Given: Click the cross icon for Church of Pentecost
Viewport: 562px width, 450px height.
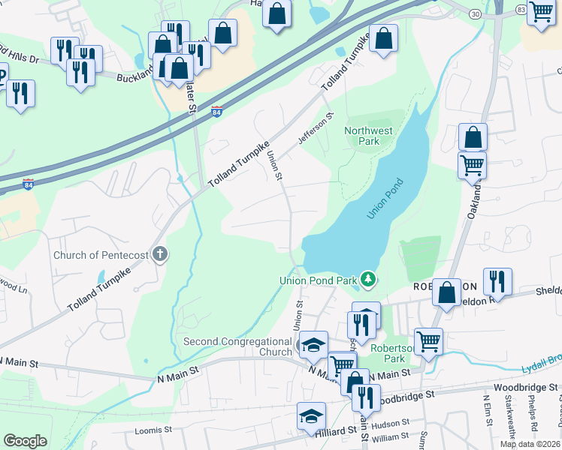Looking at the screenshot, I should coord(159,254).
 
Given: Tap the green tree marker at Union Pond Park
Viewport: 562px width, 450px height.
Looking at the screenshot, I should coord(367,280).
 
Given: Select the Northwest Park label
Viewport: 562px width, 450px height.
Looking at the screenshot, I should coord(368,136).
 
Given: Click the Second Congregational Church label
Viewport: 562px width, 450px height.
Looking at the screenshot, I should coord(237,346).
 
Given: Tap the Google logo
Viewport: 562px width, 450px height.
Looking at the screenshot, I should coord(25,441).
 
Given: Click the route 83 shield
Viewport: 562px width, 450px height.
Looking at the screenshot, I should coord(521,9).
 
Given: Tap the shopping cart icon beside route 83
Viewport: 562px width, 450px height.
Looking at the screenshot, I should coord(541,13).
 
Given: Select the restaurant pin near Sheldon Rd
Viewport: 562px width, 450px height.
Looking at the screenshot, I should coord(497,281).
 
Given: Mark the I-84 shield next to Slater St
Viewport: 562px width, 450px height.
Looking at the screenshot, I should coord(216,111).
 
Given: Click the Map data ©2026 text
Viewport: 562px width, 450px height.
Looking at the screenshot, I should coord(530,444).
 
